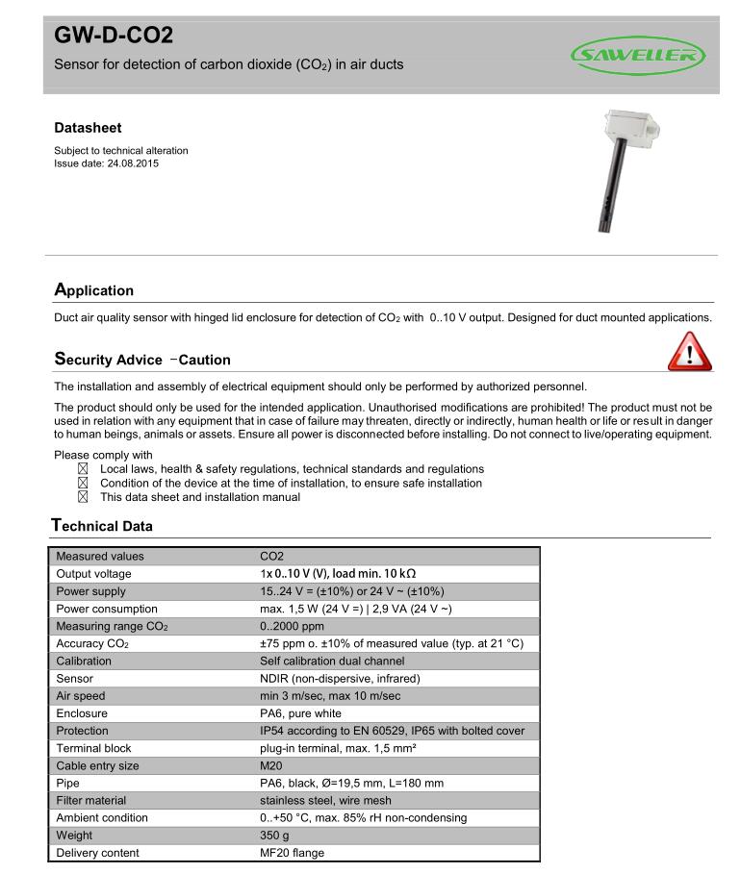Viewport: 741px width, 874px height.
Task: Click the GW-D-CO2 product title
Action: coord(114,37)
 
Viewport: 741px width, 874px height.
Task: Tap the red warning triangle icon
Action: coord(690,351)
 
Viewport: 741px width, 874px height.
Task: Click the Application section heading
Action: coord(93,290)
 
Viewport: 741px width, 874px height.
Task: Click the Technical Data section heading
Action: coord(101,526)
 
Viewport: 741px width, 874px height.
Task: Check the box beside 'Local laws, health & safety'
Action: coord(82,468)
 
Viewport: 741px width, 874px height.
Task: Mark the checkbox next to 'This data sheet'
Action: coord(82,497)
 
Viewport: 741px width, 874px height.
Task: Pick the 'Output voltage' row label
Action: coord(93,574)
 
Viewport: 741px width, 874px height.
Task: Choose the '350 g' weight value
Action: coord(275,836)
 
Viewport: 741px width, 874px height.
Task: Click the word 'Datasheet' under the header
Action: coord(88,128)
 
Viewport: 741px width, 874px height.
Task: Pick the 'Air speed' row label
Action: coord(81,696)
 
